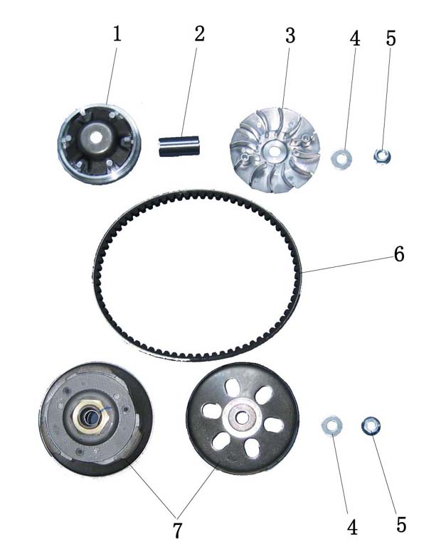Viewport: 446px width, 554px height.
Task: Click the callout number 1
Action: coord(117,34)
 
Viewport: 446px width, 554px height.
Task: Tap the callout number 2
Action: coord(200,34)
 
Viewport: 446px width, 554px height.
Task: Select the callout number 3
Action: coord(290,36)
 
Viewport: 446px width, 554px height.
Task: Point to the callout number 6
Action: coord(399,254)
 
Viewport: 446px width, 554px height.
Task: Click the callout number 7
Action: coord(177,530)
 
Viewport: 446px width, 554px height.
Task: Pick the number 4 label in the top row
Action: coord(355,38)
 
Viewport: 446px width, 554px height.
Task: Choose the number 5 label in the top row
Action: coord(391,38)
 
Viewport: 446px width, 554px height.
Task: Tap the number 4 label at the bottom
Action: coord(352,528)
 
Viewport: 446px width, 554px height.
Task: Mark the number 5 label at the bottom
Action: coord(401,524)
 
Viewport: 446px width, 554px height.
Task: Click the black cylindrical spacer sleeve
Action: coord(179,146)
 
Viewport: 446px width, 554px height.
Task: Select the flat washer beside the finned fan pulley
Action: coord(341,159)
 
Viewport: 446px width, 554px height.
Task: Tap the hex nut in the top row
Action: coord(383,156)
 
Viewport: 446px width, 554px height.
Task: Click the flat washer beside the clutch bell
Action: coord(331,426)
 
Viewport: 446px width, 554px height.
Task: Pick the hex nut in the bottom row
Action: coord(371,425)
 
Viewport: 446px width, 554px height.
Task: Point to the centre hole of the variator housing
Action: coord(95,138)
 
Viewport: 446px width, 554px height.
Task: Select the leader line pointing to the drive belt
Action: coord(347,265)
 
